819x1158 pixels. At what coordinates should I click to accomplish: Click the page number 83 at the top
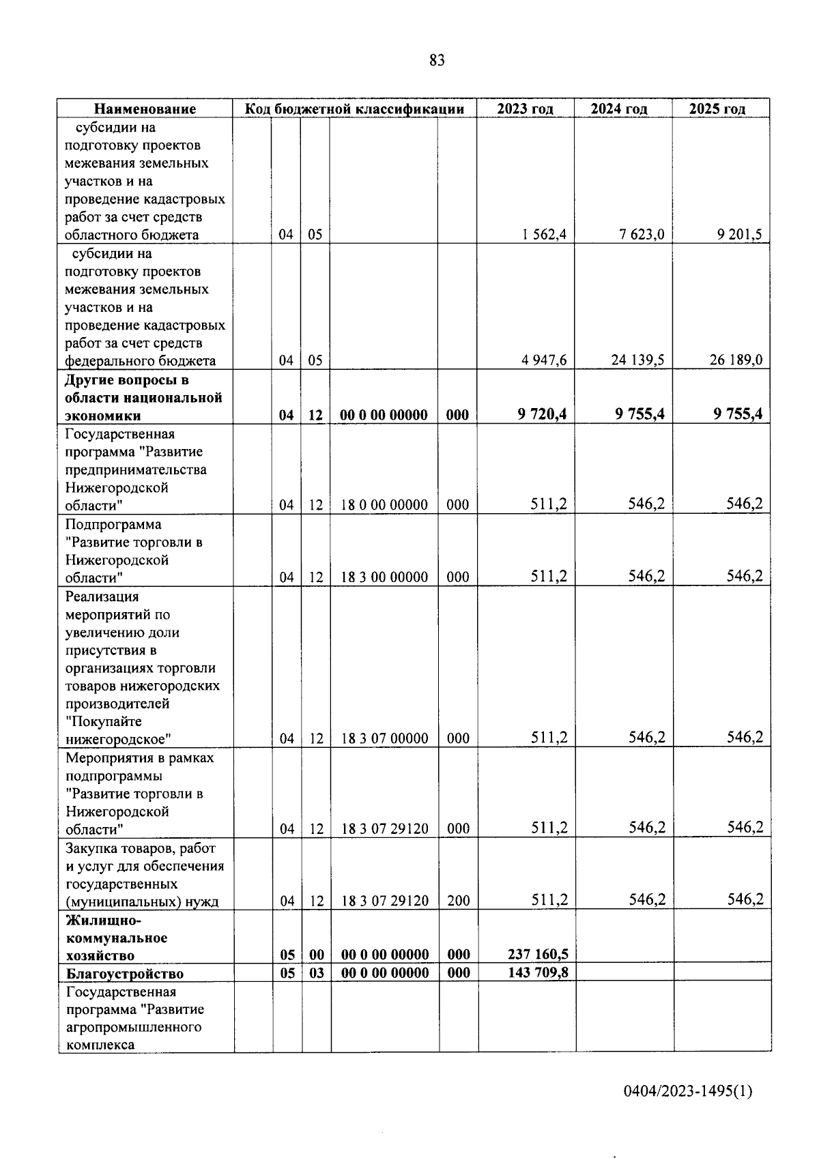(x=437, y=61)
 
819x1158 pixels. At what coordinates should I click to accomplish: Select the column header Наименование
(x=145, y=108)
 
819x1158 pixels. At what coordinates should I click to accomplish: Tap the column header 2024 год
(x=618, y=108)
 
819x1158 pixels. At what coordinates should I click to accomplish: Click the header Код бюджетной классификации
(x=355, y=108)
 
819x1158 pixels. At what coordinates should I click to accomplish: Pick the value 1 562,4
(x=544, y=235)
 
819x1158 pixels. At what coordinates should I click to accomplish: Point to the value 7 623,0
(x=642, y=235)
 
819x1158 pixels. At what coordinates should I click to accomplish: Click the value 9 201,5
(x=739, y=235)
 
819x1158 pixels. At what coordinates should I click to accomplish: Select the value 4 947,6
(x=544, y=360)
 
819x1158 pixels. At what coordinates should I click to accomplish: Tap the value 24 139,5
(x=637, y=360)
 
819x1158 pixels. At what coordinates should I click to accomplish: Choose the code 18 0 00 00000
(x=384, y=505)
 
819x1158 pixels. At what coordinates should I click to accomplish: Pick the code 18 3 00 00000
(x=384, y=577)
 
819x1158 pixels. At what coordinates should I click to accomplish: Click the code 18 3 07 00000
(x=384, y=738)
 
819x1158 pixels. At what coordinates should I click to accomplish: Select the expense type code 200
(x=458, y=901)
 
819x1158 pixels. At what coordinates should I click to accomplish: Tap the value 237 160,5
(x=538, y=955)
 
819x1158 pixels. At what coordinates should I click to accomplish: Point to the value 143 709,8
(x=538, y=972)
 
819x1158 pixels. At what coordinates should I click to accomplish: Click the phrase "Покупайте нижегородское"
(x=117, y=731)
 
